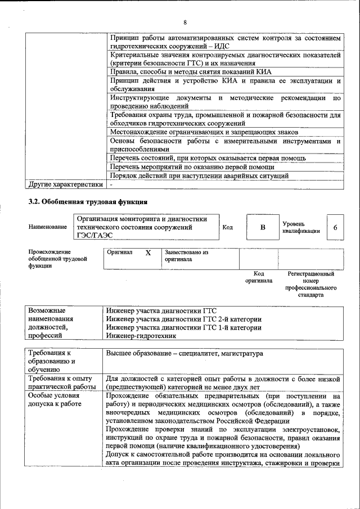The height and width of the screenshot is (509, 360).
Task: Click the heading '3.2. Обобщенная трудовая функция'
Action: pyautogui.click(x=88, y=201)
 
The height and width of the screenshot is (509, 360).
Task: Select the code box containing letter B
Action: pyautogui.click(x=262, y=227)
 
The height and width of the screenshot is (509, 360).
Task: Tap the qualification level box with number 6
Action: pyautogui.click(x=335, y=227)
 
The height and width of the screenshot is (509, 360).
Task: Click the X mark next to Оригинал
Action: pyautogui.click(x=148, y=253)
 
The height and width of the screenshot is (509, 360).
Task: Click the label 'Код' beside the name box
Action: pyautogui.click(x=228, y=227)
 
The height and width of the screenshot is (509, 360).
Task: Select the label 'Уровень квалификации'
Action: pyautogui.click(x=301, y=227)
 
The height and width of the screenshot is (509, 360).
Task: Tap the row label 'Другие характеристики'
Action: pyautogui.click(x=65, y=184)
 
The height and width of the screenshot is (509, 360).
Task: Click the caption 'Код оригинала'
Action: pyautogui.click(x=259, y=277)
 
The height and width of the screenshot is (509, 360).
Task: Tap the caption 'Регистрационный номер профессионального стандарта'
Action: pyautogui.click(x=310, y=284)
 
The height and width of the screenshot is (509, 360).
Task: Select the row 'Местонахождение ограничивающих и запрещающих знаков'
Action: pyautogui.click(x=204, y=133)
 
